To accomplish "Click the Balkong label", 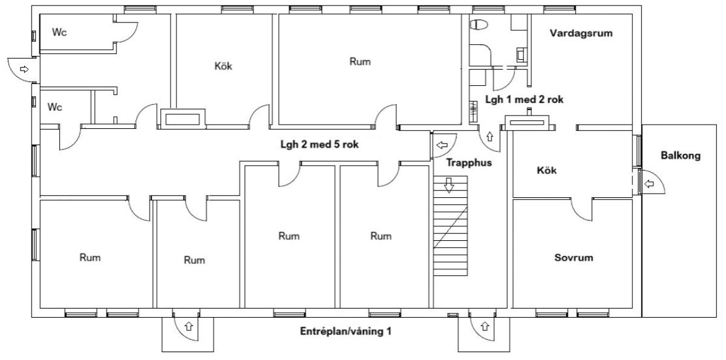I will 681,155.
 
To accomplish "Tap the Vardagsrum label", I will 581,34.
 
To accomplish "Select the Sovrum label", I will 574,258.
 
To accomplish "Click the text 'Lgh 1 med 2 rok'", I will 525,100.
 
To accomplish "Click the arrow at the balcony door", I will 649,183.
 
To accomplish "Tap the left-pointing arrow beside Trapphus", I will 442,145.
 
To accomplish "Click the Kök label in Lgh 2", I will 223,66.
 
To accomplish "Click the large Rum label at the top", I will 359,61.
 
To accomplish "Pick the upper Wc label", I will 59,32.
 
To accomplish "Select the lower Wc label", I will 55,107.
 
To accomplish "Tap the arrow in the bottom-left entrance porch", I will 188,327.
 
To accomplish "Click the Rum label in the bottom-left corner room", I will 90,257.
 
